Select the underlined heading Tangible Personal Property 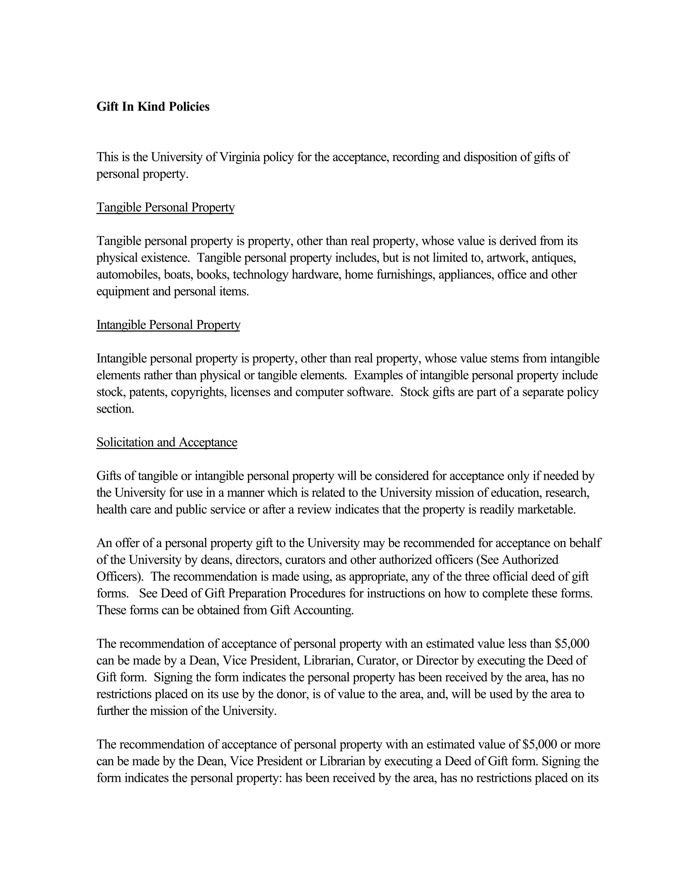click(165, 208)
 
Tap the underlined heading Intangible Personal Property click(168, 325)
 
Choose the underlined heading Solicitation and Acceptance click(167, 442)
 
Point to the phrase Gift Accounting click(312, 610)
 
